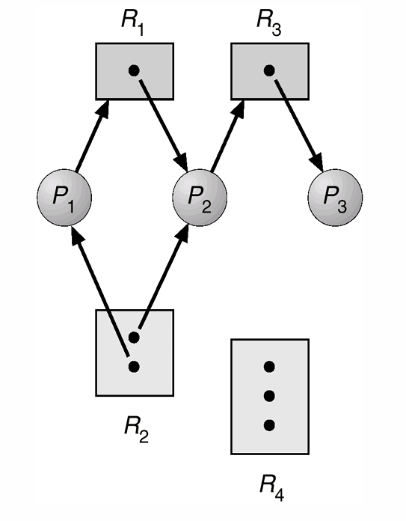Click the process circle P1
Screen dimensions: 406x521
coord(64,198)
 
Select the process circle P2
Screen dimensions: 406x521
coord(200,198)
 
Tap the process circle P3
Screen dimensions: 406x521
coord(335,198)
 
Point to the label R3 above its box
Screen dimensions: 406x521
coord(268,22)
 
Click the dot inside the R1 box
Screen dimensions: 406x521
coord(134,70)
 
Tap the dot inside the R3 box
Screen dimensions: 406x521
coord(269,70)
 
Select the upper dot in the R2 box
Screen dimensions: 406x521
coord(134,338)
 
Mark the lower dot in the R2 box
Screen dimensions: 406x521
coord(134,367)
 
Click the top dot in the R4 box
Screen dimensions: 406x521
coord(269,367)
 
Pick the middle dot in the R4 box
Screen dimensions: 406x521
coord(269,396)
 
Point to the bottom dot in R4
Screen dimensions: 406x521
coord(269,425)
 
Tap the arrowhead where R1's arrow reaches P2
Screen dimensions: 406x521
coord(182,161)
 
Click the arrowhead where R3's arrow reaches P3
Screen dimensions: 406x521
coord(317,162)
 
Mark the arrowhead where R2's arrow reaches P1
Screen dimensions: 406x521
coord(76,236)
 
